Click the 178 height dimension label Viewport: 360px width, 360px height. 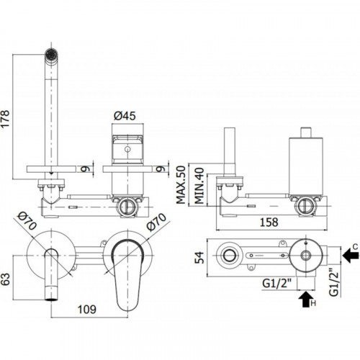click(5, 118)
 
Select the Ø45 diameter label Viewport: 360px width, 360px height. click(125, 116)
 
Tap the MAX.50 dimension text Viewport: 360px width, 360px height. click(181, 185)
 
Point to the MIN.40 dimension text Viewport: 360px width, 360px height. click(199, 186)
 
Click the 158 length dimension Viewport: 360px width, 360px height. click(269, 222)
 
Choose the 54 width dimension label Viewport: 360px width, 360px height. click(199, 258)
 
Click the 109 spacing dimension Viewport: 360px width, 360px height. click(87, 310)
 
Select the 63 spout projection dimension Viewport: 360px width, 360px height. click(5, 279)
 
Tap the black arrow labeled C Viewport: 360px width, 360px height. click(351, 255)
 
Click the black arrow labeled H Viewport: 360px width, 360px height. click(305, 299)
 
